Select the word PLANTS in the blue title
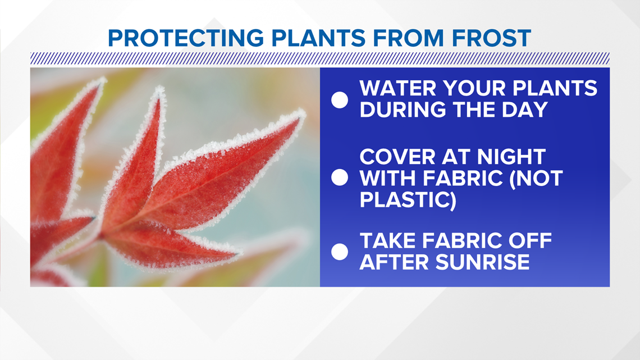(318, 38)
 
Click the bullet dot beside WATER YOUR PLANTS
(340, 100)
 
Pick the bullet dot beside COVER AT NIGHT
(340, 177)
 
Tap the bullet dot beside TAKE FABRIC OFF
(340, 252)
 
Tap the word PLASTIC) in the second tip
(408, 200)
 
